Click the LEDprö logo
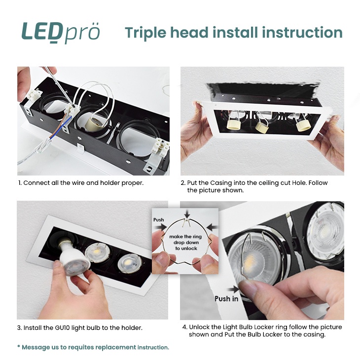click(61, 32)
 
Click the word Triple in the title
click(145, 33)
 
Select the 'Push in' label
click(226, 299)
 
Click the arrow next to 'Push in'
click(233, 289)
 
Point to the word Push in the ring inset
click(159, 220)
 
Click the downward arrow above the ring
click(187, 214)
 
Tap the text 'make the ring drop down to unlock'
click(185, 243)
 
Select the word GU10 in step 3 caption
click(62, 327)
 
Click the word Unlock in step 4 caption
click(201, 327)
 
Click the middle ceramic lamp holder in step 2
click(261, 127)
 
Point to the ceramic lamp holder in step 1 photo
click(94, 123)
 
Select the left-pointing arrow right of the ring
click(212, 227)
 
